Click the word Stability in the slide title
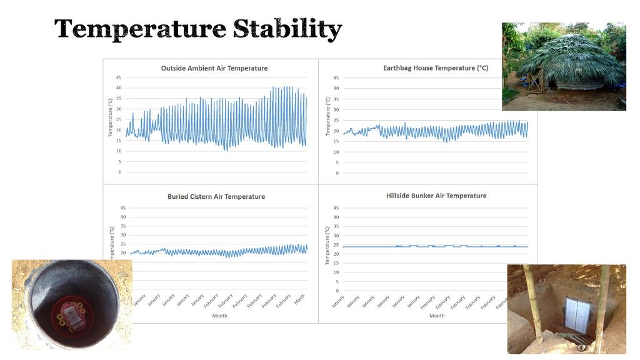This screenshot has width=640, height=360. [287, 29]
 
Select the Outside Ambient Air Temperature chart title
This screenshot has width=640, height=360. [214, 68]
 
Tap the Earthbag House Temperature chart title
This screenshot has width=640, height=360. [435, 68]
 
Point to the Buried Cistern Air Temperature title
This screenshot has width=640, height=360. [216, 197]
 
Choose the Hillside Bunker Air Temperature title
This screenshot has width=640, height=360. [436, 196]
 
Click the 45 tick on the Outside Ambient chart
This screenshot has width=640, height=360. [118, 77]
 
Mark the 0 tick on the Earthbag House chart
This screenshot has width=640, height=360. [336, 173]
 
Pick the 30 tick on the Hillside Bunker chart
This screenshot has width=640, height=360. [336, 236]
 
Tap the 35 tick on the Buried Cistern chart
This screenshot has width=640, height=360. [123, 226]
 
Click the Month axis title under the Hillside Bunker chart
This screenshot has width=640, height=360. [437, 316]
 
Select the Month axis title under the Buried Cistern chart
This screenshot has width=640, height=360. [219, 316]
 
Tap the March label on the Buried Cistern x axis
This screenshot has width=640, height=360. [299, 301]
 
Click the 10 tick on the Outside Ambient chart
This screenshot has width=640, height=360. [118, 151]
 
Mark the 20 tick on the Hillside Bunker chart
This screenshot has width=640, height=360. [336, 254]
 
